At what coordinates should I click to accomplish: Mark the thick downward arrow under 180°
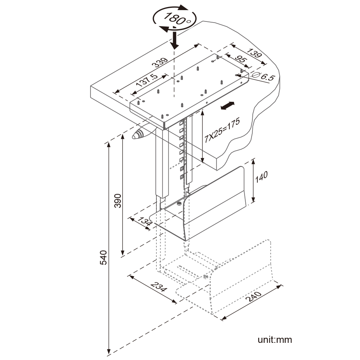click(x=174, y=40)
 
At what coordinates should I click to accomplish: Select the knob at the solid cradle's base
click(x=179, y=202)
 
